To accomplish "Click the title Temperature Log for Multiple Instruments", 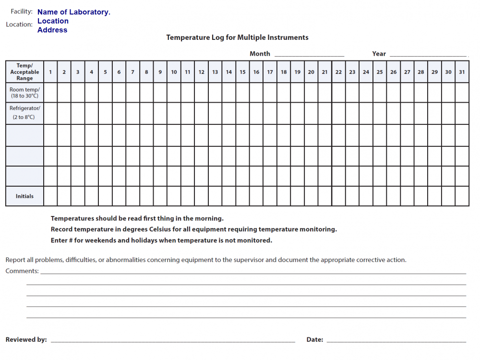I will point(237,37).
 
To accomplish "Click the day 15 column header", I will point(242,72).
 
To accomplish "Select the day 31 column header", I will point(462,72).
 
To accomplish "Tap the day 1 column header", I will point(50,72).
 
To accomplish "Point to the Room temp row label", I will point(24,93).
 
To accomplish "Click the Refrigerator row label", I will point(24,113).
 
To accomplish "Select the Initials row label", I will point(24,196).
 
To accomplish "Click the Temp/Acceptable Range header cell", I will point(24,72).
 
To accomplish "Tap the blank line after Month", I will point(309,55).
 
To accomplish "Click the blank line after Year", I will point(428,55).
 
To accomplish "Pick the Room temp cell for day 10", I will point(174,93).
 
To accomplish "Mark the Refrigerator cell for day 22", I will point(338,113).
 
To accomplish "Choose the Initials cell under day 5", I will point(105,196).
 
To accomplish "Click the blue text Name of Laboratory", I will point(73,12).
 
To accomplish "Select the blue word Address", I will point(52,30).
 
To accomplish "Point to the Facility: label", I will point(22,12).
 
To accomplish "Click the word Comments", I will point(22,271).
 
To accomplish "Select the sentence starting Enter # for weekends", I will point(161,240).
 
